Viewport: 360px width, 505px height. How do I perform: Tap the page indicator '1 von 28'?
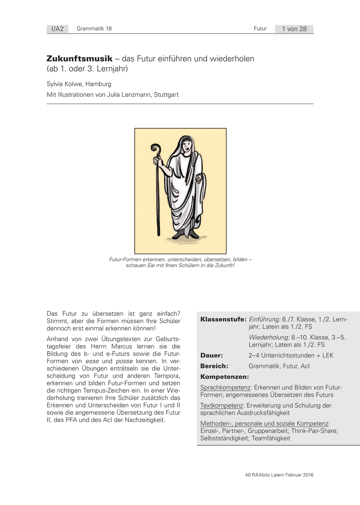[x=294, y=29]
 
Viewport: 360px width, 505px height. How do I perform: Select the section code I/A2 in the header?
[x=57, y=29]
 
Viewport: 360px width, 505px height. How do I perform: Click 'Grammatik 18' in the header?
[x=94, y=29]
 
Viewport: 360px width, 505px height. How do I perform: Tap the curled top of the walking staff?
[x=156, y=150]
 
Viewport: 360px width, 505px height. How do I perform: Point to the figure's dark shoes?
[x=184, y=234]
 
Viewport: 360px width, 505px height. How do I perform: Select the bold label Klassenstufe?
[x=224, y=319]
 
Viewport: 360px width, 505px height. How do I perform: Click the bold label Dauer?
[x=212, y=355]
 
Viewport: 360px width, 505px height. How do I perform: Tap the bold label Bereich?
[x=214, y=366]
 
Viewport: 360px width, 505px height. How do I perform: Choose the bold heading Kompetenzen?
[x=224, y=377]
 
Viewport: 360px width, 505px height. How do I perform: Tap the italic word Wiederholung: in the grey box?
[x=269, y=337]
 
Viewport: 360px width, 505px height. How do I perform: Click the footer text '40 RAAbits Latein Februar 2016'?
[x=279, y=475]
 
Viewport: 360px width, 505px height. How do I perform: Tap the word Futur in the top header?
[x=260, y=29]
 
